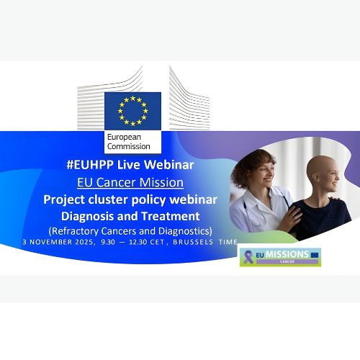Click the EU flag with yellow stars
pos(132,111)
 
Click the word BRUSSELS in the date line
pos(195,243)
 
